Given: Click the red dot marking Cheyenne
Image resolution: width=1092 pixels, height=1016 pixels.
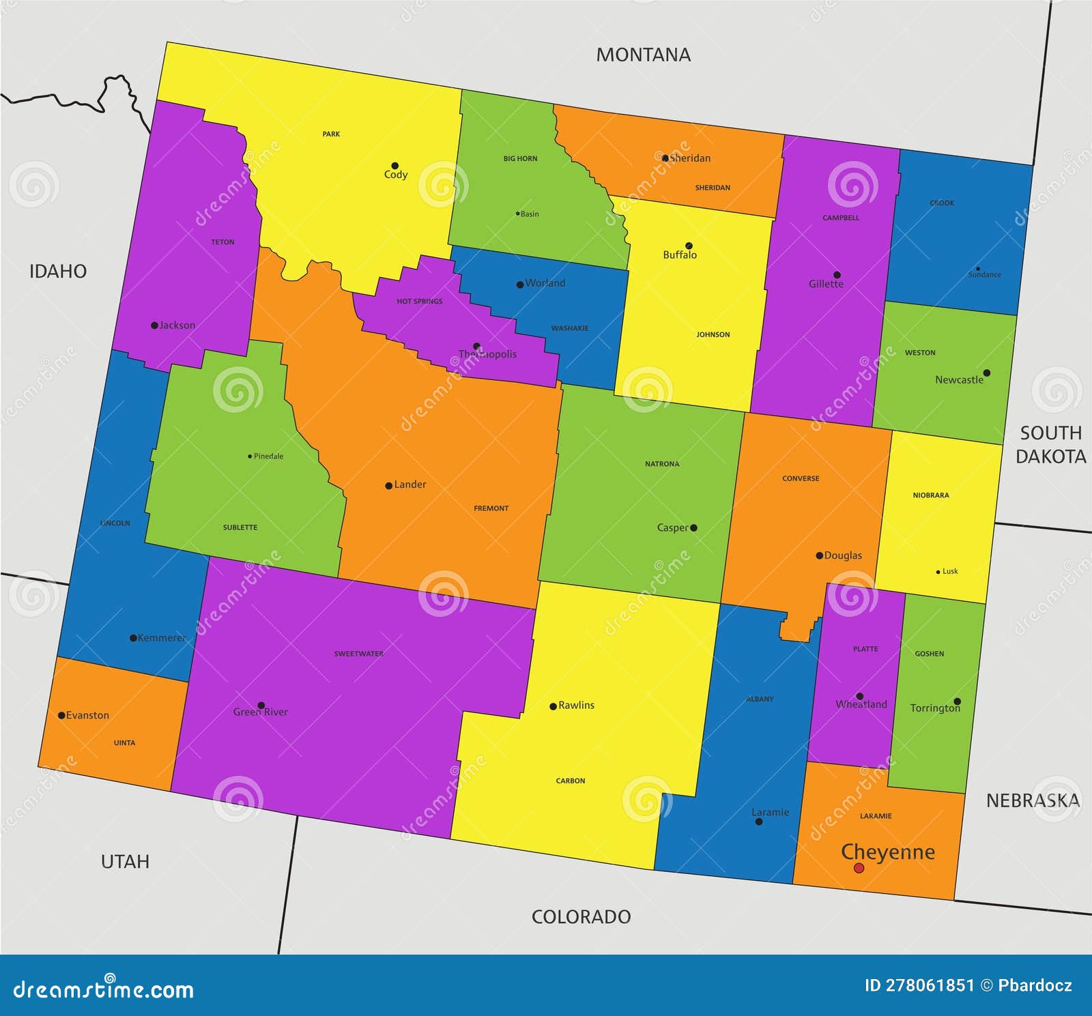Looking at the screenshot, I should coord(859,868).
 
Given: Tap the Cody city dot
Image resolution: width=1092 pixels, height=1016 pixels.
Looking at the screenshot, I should coord(394,166).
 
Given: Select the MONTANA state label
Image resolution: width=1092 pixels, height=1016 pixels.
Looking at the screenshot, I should coord(643,55).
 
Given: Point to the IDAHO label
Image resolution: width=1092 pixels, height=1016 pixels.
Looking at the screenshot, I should coord(58,272).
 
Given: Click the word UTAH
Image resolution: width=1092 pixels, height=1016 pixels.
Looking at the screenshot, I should coord(125,862).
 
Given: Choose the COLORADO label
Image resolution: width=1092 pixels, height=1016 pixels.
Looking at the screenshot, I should coord(581,916).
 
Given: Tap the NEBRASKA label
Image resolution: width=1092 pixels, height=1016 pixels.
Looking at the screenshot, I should coord(1033,800).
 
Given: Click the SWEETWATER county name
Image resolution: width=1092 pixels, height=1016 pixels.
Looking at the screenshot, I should coord(358,654).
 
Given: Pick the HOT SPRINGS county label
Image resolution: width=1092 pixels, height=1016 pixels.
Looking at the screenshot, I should coord(420,301).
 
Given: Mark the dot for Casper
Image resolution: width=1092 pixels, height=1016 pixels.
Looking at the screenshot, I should coord(693,527).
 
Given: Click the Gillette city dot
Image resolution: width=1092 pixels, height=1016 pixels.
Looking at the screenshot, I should coord(837,275).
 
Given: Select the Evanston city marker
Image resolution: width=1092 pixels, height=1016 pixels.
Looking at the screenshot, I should coord(61,715).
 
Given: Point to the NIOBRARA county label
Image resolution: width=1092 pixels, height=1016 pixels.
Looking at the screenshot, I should coord(931,495).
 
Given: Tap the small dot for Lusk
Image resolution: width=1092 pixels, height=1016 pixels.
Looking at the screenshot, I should coord(938,572).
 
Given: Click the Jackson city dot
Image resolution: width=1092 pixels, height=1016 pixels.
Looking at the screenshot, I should coord(154,325).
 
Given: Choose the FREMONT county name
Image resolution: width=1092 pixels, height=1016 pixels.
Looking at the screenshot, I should coord(491,508).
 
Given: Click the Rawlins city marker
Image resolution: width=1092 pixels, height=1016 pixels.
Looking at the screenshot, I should coord(553,706).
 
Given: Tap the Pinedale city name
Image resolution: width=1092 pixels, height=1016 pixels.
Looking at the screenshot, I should coord(268,456).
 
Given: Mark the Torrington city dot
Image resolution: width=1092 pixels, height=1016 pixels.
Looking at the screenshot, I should coord(957,701).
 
